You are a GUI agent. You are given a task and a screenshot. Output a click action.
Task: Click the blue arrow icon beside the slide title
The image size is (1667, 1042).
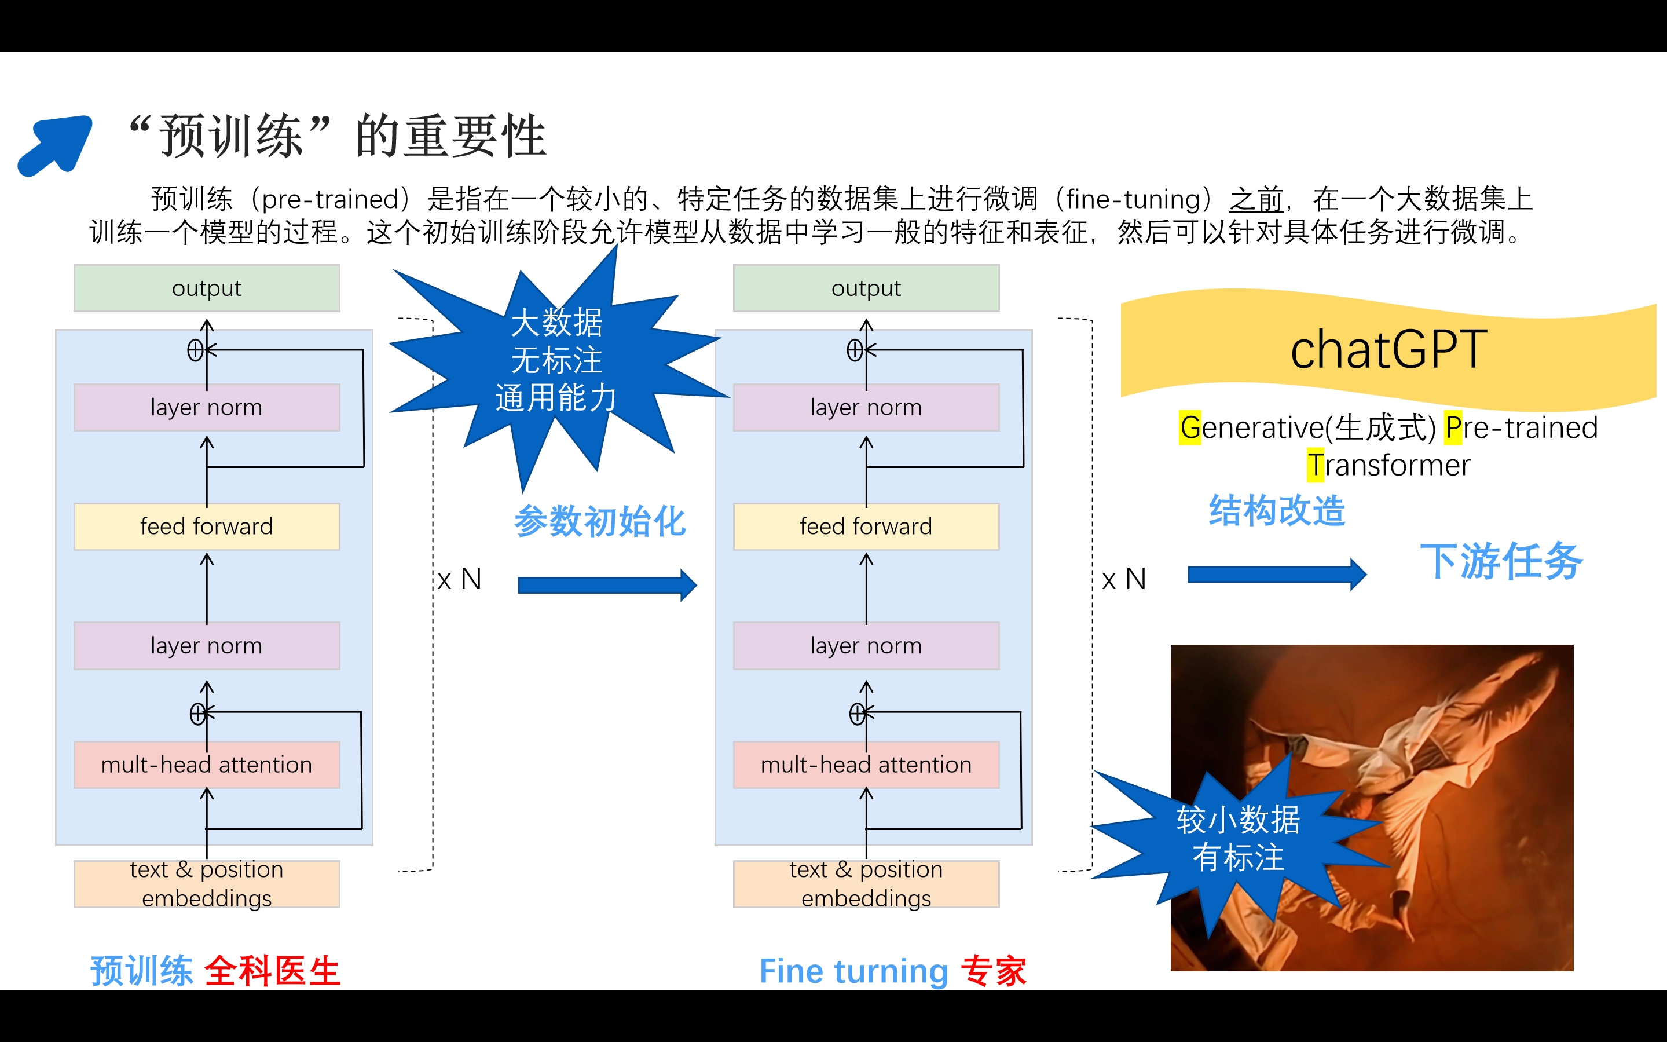[55, 145]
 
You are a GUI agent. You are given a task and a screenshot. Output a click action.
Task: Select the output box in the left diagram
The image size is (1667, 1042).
[207, 288]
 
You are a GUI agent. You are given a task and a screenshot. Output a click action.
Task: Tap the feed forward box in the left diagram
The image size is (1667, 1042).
[207, 527]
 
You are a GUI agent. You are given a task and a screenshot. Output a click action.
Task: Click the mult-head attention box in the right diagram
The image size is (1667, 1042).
[866, 765]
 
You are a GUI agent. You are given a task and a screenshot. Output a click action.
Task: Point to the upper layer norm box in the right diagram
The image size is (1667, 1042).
[866, 407]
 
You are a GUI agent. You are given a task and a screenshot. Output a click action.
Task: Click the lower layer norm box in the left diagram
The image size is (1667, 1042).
[207, 646]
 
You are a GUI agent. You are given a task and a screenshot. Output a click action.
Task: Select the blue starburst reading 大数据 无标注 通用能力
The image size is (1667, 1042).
[556, 360]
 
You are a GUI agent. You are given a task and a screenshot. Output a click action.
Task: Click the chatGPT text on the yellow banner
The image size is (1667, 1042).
[1388, 350]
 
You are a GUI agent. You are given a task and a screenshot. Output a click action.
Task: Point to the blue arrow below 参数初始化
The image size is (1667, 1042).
[607, 585]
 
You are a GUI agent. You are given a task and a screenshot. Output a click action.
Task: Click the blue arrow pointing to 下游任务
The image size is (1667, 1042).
[1276, 574]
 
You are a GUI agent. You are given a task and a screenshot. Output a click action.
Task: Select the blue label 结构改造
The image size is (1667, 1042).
[1276, 511]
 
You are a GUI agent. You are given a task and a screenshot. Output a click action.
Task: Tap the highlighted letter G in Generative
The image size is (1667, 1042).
[1190, 428]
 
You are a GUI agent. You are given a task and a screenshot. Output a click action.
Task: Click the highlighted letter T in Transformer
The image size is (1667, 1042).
[1315, 465]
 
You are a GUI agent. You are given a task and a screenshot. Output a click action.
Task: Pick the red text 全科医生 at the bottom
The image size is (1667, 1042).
[272, 970]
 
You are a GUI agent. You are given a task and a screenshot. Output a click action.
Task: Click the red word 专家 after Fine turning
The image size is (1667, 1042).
[994, 970]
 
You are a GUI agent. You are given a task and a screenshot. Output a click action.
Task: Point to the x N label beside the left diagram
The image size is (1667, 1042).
[460, 579]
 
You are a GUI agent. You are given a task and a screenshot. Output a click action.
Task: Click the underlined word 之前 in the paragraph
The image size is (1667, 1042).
[1256, 200]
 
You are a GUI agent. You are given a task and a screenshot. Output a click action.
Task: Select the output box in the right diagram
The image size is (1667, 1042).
[866, 288]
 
